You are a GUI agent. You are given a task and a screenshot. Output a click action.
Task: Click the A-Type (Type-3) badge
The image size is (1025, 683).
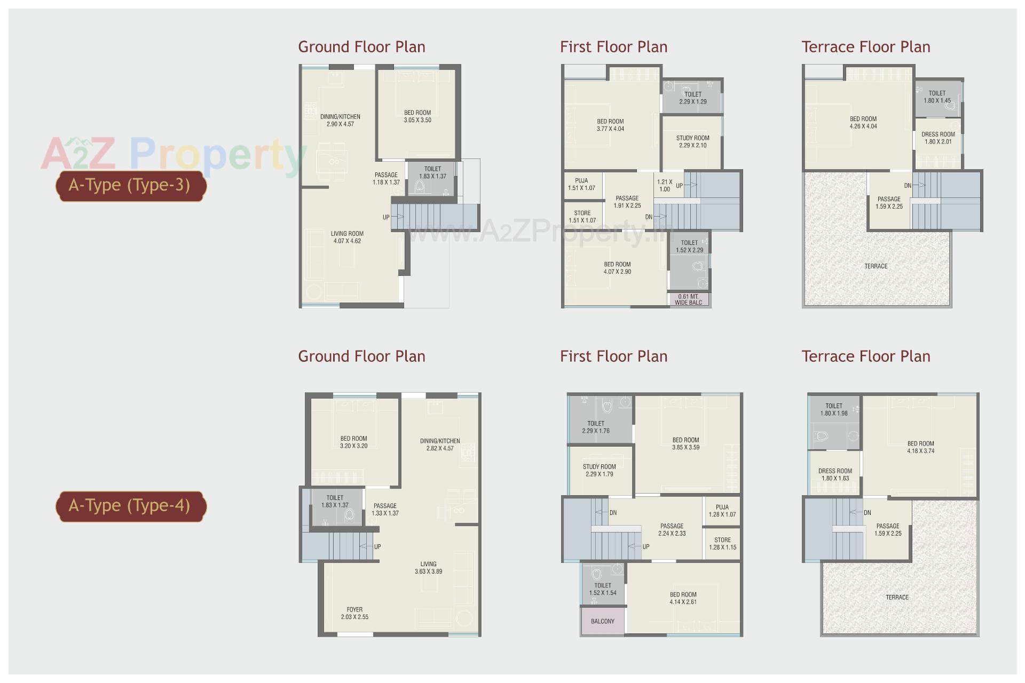pyautogui.click(x=130, y=185)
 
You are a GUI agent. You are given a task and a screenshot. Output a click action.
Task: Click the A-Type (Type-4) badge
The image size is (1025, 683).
pyautogui.click(x=130, y=505)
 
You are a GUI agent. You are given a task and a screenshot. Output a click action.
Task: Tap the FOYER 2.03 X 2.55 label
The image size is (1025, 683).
pyautogui.click(x=354, y=613)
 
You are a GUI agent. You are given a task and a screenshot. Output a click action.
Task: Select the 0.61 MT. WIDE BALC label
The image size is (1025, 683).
pyautogui.click(x=688, y=299)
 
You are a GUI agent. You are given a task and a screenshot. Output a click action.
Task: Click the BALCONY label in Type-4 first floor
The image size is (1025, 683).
pyautogui.click(x=602, y=621)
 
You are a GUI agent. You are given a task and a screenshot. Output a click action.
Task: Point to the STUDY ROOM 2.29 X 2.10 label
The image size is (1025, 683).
pyautogui.click(x=692, y=141)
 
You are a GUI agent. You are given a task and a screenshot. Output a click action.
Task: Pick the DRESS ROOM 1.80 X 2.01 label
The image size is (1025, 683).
pyautogui.click(x=938, y=138)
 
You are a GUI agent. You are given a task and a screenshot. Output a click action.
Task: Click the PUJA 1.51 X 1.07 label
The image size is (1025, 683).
pyautogui.click(x=581, y=184)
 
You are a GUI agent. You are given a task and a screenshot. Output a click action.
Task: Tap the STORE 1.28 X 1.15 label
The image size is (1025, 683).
pyautogui.click(x=722, y=543)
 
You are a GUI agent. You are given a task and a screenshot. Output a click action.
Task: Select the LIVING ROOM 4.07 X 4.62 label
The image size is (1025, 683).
pyautogui.click(x=347, y=237)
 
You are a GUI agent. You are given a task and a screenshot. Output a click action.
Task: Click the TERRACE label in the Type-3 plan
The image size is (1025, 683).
pyautogui.click(x=876, y=266)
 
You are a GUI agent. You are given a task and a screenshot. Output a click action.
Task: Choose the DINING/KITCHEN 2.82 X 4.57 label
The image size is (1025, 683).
pyautogui.click(x=440, y=444)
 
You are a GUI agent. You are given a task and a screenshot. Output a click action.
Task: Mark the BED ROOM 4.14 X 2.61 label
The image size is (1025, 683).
pyautogui.click(x=683, y=598)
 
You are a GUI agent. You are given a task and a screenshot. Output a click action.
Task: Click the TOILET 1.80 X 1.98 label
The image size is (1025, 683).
pyautogui.click(x=834, y=409)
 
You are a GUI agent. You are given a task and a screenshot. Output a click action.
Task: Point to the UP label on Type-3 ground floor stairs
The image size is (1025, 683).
pyautogui.click(x=386, y=217)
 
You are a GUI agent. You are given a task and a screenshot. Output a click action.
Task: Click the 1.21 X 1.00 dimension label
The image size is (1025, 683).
pyautogui.click(x=665, y=185)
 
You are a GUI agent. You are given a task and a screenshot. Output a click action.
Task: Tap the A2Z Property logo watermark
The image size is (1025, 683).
pyautogui.click(x=174, y=155)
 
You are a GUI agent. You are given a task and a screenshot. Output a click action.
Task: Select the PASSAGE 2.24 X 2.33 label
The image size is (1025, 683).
pyautogui.click(x=672, y=529)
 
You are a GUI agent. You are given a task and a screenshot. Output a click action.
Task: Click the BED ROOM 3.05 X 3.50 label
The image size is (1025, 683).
pyautogui.click(x=417, y=116)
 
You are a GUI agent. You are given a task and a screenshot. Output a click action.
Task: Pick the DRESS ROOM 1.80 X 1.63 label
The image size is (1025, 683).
pyautogui.click(x=835, y=474)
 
